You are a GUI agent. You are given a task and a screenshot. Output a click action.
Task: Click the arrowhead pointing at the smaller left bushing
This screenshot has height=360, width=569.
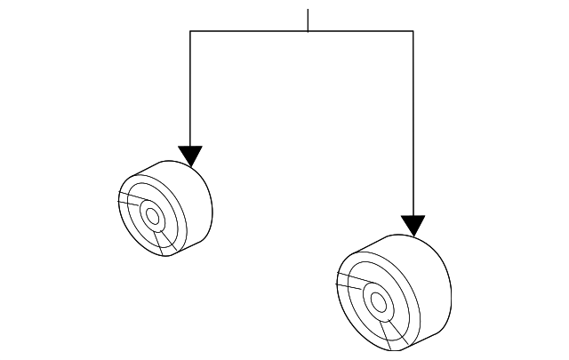pyautogui.click(x=190, y=156)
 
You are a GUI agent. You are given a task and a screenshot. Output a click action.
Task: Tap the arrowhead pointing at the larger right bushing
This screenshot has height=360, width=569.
pyautogui.click(x=413, y=226)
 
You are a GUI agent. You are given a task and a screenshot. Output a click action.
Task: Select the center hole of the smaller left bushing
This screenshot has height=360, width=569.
pyautogui.click(x=151, y=215)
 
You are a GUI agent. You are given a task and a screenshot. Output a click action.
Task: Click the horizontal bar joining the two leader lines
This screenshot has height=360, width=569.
pyautogui.click(x=249, y=31)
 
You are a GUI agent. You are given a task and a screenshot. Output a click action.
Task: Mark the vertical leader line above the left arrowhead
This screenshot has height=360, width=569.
pyautogui.click(x=190, y=89)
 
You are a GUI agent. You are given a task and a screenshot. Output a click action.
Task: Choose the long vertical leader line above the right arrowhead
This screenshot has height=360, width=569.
pyautogui.click(x=413, y=124)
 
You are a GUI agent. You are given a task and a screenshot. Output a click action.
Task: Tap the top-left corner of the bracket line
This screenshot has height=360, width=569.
pyautogui.click(x=190, y=31)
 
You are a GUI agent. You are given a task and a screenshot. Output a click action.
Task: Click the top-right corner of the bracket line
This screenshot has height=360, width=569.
pyautogui.click(x=413, y=31)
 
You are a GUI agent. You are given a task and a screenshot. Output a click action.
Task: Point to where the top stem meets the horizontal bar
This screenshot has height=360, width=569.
pyautogui.click(x=308, y=31)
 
